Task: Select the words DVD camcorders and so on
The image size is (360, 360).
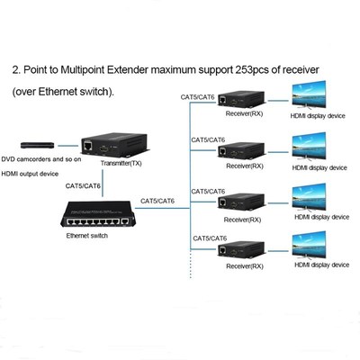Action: tap(41, 159)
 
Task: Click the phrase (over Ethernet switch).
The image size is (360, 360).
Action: tap(63, 92)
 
